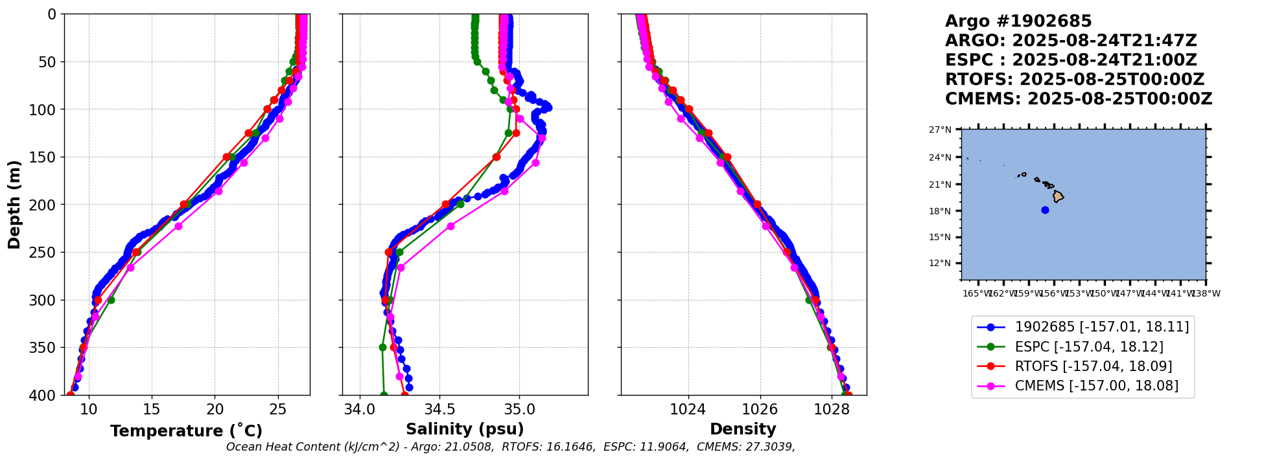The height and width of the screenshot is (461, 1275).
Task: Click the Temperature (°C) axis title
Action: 186,431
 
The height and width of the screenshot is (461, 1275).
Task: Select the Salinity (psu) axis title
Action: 465,429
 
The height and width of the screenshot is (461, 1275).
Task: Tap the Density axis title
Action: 743,429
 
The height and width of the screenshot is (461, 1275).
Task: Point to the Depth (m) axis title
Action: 14,205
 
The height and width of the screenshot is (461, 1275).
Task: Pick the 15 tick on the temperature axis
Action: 152,409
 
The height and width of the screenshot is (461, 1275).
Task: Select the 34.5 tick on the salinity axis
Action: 439,409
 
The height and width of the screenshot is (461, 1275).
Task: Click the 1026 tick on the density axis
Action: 760,409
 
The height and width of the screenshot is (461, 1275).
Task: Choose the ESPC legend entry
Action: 1089,347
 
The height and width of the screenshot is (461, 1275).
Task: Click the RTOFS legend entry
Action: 1094,366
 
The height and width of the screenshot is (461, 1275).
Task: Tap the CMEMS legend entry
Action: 1097,386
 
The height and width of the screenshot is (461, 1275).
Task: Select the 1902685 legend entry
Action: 1102,327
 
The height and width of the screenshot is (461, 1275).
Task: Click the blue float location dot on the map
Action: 1045,210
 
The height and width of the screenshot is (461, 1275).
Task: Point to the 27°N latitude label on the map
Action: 940,129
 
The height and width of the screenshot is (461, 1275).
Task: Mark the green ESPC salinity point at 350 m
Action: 382,347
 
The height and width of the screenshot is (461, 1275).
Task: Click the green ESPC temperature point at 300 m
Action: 111,300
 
